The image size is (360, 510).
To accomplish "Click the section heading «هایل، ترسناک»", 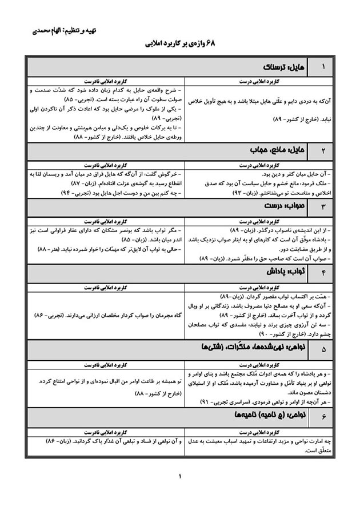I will coord(280,67).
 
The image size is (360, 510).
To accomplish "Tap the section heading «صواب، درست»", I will coord(280,206).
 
